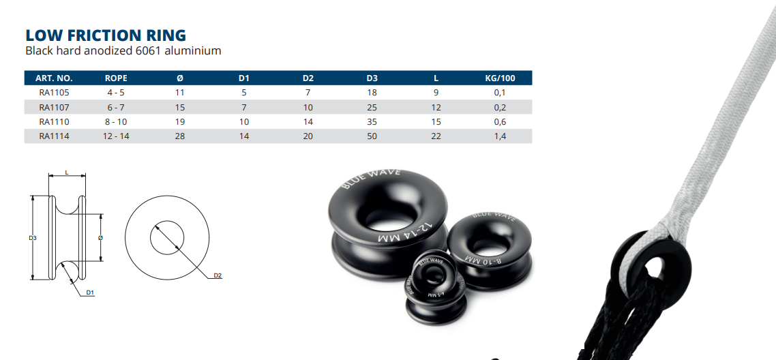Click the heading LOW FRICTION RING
pos(106,35)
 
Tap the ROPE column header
pos(116,78)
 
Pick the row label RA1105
pos(55,92)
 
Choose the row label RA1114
pos(55,136)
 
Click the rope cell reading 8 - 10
pos(116,121)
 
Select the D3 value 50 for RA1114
pos(372,136)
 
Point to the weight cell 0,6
pos(499,121)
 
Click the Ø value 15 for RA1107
pos(180,107)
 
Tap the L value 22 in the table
pos(436,136)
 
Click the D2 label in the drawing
pos(218,275)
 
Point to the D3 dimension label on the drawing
pos(32,237)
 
